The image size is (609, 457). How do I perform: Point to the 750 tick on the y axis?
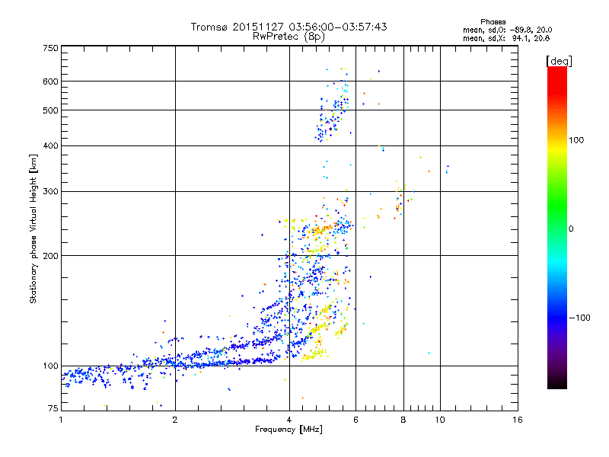(51, 48)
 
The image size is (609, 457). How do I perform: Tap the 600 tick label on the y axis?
(51, 81)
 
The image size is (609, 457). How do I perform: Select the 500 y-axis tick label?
(51, 110)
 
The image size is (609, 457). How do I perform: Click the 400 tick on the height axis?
(51, 145)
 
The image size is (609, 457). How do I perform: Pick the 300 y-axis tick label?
(51, 190)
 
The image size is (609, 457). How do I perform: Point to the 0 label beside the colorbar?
(570, 228)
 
